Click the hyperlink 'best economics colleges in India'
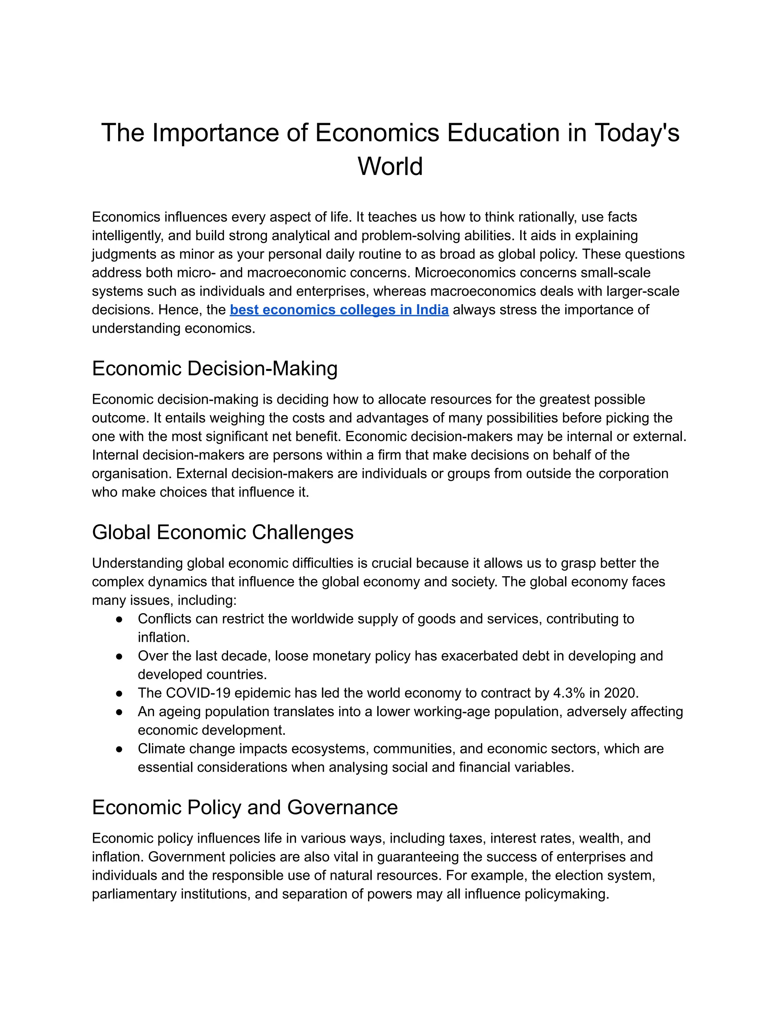click(339, 310)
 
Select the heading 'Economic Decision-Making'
click(215, 369)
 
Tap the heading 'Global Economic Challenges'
click(223, 532)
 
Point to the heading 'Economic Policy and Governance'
click(245, 808)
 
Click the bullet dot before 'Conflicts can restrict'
click(119, 619)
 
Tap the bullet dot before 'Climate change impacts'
click(119, 749)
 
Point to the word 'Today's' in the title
click(636, 133)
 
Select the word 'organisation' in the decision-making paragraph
click(132, 474)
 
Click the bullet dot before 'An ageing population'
click(119, 712)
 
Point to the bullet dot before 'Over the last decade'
click(119, 656)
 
